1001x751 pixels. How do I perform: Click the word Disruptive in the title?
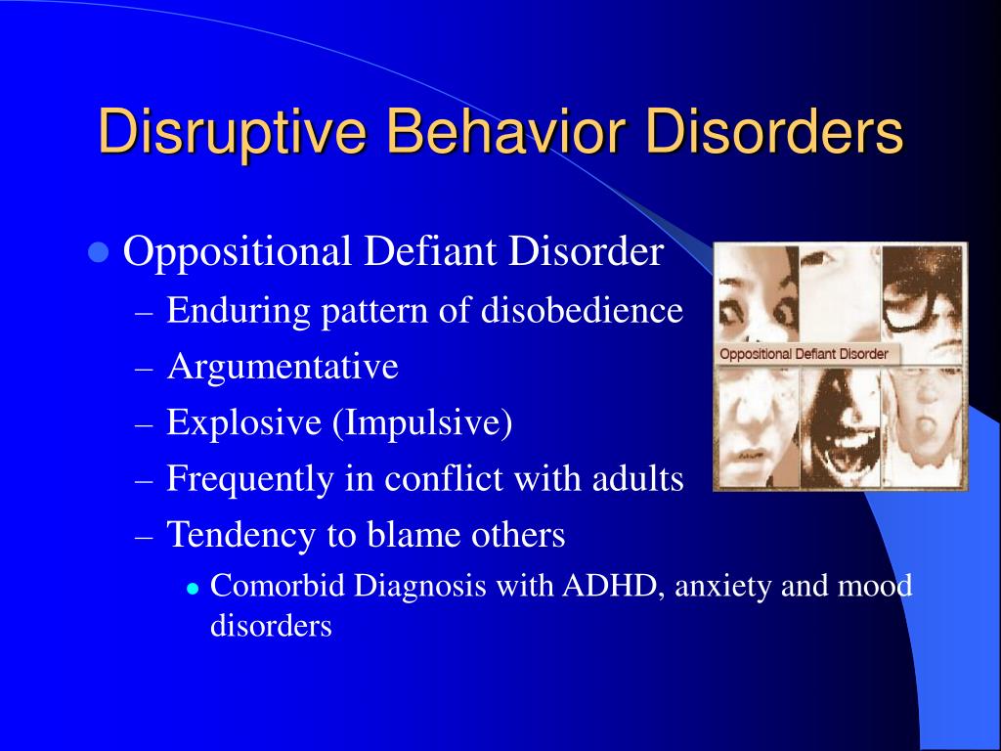[233, 131]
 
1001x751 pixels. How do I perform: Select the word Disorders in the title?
[774, 130]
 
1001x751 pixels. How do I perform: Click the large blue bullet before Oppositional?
[98, 253]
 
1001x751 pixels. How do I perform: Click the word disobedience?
[582, 310]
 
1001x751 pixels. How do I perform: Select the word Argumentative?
[283, 367]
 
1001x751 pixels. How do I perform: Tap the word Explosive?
[243, 422]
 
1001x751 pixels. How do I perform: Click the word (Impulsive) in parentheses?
[422, 422]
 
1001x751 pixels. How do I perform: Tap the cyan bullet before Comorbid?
[194, 588]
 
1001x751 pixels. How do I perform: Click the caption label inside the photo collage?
[804, 354]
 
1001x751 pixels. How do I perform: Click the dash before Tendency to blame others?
[145, 537]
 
